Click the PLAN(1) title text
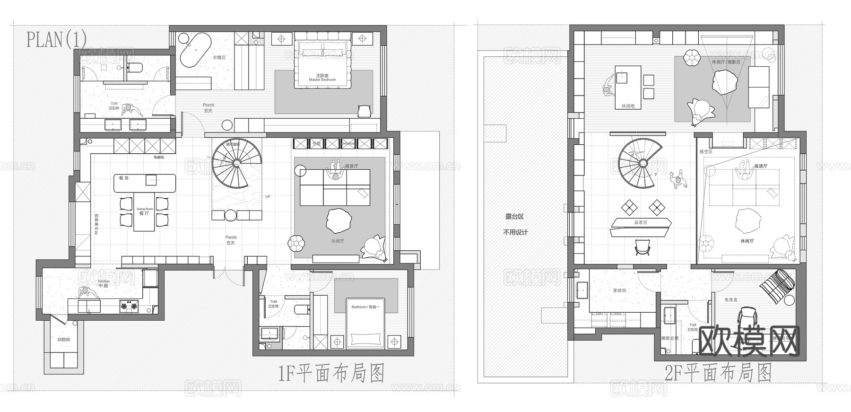tap(56, 39)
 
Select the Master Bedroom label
tap(322, 78)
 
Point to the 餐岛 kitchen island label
tap(124, 178)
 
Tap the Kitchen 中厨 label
tap(104, 283)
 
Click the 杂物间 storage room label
tap(64, 340)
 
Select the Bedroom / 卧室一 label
tap(365, 307)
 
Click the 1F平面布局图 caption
tap(330, 374)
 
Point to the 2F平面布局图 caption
tap(718, 373)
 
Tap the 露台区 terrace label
tap(514, 217)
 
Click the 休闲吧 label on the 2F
tap(628, 106)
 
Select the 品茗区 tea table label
tap(641, 222)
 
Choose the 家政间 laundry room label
tap(619, 290)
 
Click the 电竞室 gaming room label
tap(730, 299)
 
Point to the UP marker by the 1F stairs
tap(268, 196)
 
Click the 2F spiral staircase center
tap(643, 163)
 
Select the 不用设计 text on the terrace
tap(515, 232)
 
